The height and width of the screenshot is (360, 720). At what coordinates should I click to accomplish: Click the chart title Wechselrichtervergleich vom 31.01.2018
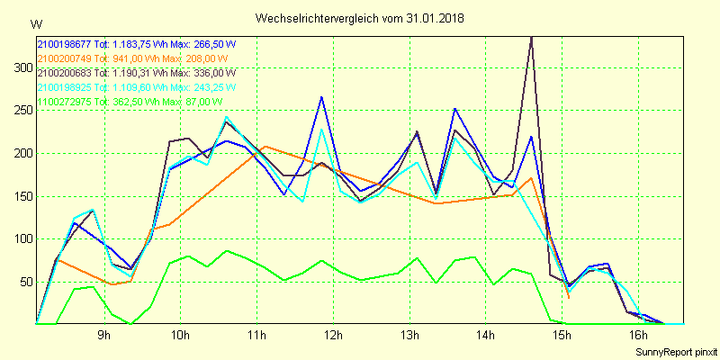359,18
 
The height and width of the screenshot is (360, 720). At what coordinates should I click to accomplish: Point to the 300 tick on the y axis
21,67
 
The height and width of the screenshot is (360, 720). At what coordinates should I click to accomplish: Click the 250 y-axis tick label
21,110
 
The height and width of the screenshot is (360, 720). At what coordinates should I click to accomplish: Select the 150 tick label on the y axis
21,196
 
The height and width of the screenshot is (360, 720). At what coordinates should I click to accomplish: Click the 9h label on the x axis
104,336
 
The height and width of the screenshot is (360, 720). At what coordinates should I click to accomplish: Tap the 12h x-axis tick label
333,336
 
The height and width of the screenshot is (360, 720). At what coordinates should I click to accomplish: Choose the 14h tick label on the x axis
486,336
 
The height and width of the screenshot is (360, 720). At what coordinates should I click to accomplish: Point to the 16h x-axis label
638,336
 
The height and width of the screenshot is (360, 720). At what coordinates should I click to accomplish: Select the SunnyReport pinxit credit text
675,351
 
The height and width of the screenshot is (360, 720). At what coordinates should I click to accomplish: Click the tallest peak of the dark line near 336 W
532,37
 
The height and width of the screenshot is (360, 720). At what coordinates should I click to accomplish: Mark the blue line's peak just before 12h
321,96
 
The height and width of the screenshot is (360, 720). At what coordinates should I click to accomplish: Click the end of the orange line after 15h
569,297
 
